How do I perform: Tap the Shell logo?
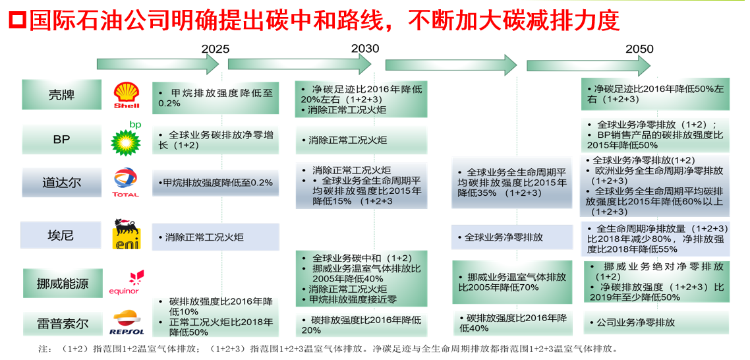(127, 96)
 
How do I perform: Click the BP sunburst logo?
(126, 140)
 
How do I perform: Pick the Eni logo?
(126, 235)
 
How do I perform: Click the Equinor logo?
(126, 282)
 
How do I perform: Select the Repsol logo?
(127, 323)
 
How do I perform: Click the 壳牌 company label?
(61, 95)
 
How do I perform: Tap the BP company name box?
(61, 140)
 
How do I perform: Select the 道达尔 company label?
(61, 183)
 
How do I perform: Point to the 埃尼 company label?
(61, 235)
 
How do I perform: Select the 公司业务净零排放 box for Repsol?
(654, 322)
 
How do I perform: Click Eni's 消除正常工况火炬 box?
(216, 237)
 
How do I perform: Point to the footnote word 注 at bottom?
(45, 349)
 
